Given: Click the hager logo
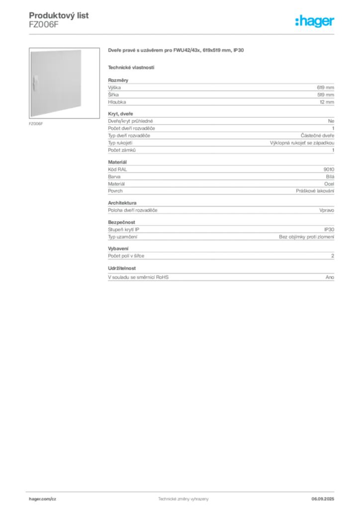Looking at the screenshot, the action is point(315,21).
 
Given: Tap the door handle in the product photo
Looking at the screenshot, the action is point(35,83).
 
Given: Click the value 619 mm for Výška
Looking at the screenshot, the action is point(325,87).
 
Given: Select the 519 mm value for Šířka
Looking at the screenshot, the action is point(326,95).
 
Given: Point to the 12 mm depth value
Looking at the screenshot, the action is point(327,102).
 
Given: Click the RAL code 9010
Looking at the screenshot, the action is point(329,170).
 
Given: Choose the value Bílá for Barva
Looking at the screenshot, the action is point(330,176).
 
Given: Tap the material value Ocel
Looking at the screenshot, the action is point(329,184).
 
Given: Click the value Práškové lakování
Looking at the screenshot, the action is point(315,191).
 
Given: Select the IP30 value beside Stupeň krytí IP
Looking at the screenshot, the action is point(329,230).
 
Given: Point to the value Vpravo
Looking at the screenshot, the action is point(327,210).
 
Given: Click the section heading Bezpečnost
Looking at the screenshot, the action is point(121,222).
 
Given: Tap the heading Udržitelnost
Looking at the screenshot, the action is point(122,268).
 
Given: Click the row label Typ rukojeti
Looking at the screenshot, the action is point(120,143).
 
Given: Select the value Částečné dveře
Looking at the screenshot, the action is point(317,136).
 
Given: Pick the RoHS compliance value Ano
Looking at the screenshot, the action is point(330,277).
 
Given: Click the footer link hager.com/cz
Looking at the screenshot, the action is point(43,499).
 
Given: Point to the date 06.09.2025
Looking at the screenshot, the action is point(323,499).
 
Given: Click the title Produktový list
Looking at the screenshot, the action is point(59,15).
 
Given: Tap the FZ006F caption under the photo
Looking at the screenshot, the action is point(36,124).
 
